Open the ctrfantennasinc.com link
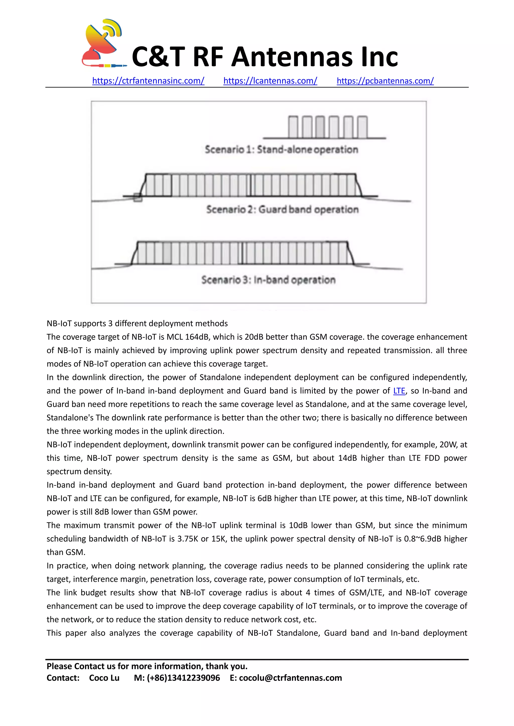pos(148,81)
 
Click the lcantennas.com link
pos(270,81)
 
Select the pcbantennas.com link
pos(385,81)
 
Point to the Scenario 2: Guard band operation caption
pos(282,209)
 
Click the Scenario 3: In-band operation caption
pos(268,280)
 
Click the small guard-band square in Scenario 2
pos(138,197)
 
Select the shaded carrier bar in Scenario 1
pos(320,127)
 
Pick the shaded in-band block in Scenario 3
pos(167,253)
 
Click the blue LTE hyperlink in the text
pos(399,391)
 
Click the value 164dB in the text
pos(197,337)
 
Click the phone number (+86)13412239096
pos(183,678)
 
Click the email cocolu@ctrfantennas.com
pos(290,678)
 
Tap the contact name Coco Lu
pos(104,678)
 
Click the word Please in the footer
pos(59,666)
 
